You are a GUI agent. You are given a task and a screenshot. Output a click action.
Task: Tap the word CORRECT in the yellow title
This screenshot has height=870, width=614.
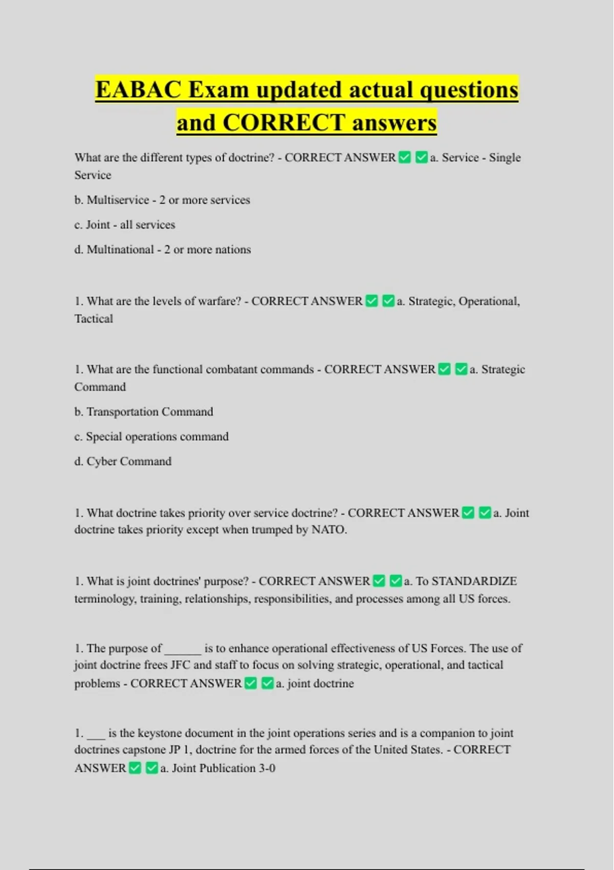tap(284, 123)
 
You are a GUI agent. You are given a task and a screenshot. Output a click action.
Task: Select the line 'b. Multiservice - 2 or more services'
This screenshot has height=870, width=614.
tap(162, 200)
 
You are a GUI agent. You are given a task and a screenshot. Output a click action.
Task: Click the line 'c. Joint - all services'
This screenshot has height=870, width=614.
tap(124, 225)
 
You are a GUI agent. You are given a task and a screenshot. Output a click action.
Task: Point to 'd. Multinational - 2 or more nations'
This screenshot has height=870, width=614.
tap(163, 250)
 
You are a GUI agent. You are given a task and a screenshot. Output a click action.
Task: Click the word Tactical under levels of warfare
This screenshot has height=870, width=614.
tap(94, 319)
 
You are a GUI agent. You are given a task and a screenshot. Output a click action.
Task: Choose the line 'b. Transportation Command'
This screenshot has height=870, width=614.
tap(144, 412)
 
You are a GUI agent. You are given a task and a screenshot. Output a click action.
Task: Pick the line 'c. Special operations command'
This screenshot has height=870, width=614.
tap(151, 437)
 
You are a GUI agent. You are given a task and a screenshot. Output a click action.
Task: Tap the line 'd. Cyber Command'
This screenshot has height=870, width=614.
tap(123, 462)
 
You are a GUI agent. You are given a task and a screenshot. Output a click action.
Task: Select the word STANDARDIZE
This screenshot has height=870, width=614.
tap(474, 581)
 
